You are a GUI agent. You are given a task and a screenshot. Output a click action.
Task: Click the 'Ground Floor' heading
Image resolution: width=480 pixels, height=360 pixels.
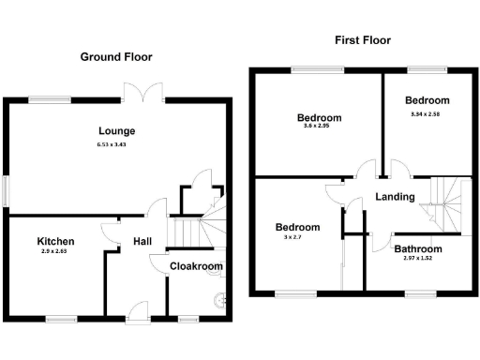point(115,57)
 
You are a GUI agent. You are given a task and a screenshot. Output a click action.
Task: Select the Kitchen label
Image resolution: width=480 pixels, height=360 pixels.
point(55,241)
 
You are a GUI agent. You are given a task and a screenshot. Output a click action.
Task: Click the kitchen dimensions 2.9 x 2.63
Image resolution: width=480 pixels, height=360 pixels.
point(55,253)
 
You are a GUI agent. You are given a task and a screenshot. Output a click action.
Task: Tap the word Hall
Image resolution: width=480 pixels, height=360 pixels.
point(142,241)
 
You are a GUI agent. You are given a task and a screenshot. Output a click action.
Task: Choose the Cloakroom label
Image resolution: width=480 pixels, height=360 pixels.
point(196,266)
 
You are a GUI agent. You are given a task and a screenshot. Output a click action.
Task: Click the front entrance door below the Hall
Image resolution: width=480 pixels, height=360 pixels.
point(135,312)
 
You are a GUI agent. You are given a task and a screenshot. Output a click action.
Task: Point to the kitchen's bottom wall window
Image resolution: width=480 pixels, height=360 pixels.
point(61,318)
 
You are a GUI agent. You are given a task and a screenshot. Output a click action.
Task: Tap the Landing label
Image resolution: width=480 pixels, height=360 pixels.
point(395,197)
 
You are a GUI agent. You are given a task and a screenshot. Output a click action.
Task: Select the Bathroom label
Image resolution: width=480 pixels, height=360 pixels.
point(417,249)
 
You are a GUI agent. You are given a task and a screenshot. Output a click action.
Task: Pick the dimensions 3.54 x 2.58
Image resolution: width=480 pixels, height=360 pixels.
point(427,113)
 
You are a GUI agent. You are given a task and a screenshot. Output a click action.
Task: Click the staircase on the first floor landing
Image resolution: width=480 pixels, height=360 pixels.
point(442,199)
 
